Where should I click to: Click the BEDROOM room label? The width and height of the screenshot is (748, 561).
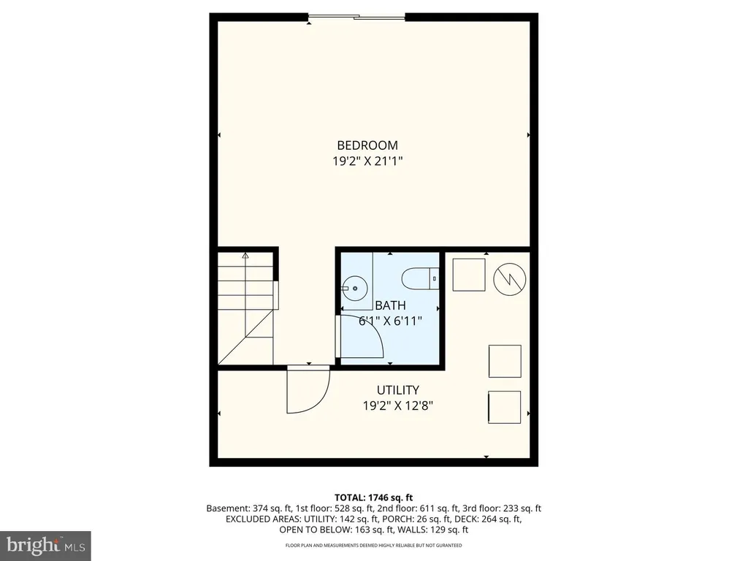pos(367,145)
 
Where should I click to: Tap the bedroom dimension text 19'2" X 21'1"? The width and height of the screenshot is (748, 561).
pos(367,161)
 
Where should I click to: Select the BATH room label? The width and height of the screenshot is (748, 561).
pos(390,305)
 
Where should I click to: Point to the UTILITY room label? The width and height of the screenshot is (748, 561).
pos(398,390)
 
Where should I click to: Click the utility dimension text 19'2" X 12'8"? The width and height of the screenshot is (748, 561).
pos(398,406)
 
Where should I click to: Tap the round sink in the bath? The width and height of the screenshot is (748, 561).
pos(354,289)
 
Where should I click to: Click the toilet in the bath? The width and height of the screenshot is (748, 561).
pos(420,279)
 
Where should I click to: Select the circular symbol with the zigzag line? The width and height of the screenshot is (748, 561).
pos(509,278)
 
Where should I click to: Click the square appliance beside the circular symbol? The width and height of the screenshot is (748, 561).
pos(469,275)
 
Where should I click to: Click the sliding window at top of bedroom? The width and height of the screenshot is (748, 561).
pos(356,18)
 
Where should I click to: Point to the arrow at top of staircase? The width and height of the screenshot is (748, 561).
pos(245,256)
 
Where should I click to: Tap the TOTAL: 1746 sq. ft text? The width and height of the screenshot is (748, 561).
pos(373,497)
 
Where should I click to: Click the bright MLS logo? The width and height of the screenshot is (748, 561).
pos(45,544)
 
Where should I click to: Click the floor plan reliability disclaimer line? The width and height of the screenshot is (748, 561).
pos(373,545)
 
